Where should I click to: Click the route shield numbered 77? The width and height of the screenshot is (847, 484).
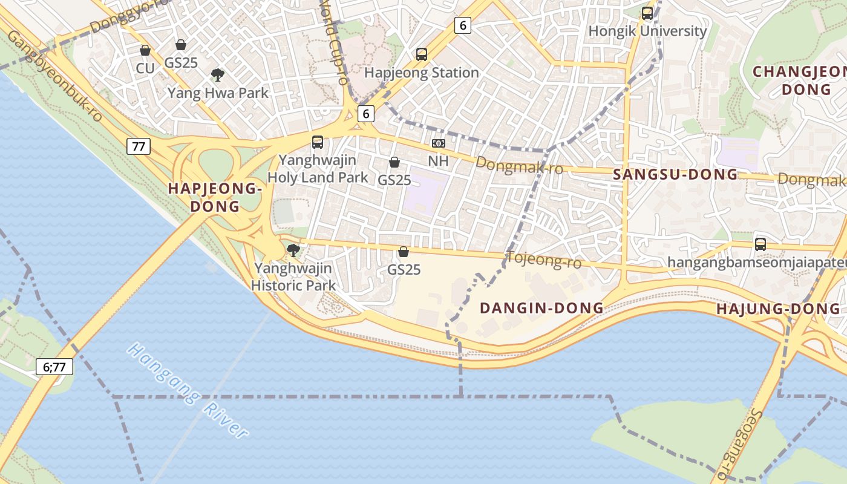click(x=139, y=146)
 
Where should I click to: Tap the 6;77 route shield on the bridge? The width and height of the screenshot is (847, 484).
click(x=54, y=367)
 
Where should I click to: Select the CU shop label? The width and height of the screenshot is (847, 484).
click(x=145, y=68)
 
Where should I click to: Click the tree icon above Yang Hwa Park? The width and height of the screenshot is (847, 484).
click(x=218, y=75)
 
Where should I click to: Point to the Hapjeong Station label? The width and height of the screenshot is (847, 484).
click(x=422, y=73)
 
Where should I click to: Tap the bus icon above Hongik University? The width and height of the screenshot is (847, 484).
click(x=647, y=13)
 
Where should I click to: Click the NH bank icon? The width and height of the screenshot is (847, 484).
click(x=438, y=143)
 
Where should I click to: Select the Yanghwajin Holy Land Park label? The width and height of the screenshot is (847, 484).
click(x=318, y=169)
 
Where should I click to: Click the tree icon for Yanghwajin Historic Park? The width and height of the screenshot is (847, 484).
click(x=293, y=250)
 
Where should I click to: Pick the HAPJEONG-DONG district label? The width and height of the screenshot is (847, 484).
click(x=215, y=197)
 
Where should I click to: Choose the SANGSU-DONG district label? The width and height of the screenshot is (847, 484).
click(x=675, y=175)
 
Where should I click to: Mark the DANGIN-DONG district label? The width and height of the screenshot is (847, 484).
click(x=541, y=308)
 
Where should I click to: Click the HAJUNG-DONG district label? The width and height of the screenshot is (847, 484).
click(x=778, y=309)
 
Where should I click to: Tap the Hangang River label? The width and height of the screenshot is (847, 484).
click(x=188, y=391)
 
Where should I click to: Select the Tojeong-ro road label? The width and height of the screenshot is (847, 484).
click(x=543, y=260)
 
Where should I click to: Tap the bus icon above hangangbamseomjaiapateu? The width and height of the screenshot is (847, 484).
click(x=760, y=244)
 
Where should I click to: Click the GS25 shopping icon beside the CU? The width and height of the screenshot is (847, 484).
click(x=180, y=45)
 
